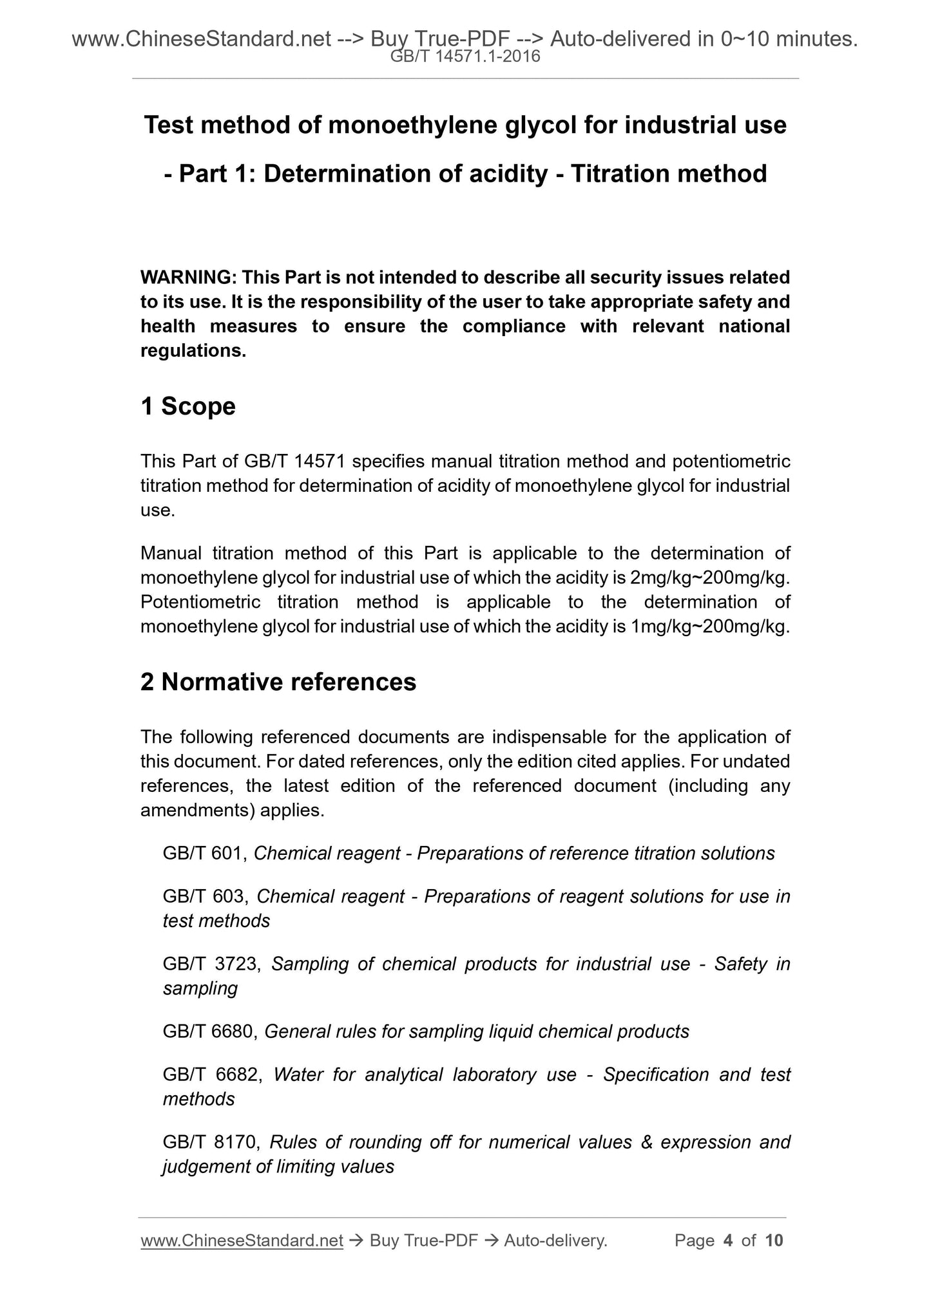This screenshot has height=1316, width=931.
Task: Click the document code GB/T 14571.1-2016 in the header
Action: coord(465,57)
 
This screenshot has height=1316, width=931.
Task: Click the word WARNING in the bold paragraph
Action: coord(187,277)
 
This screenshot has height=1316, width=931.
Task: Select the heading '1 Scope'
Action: coord(188,406)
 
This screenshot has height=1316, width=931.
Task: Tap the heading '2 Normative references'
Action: coord(278,682)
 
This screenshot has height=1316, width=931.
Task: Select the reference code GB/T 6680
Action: coord(210,1031)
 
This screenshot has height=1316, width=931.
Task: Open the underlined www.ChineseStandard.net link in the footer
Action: coord(242,1241)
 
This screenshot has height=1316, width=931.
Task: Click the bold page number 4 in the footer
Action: coord(728,1241)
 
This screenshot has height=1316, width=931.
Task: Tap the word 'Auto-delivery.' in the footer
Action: coord(555,1241)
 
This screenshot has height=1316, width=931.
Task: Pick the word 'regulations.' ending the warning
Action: coord(193,351)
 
